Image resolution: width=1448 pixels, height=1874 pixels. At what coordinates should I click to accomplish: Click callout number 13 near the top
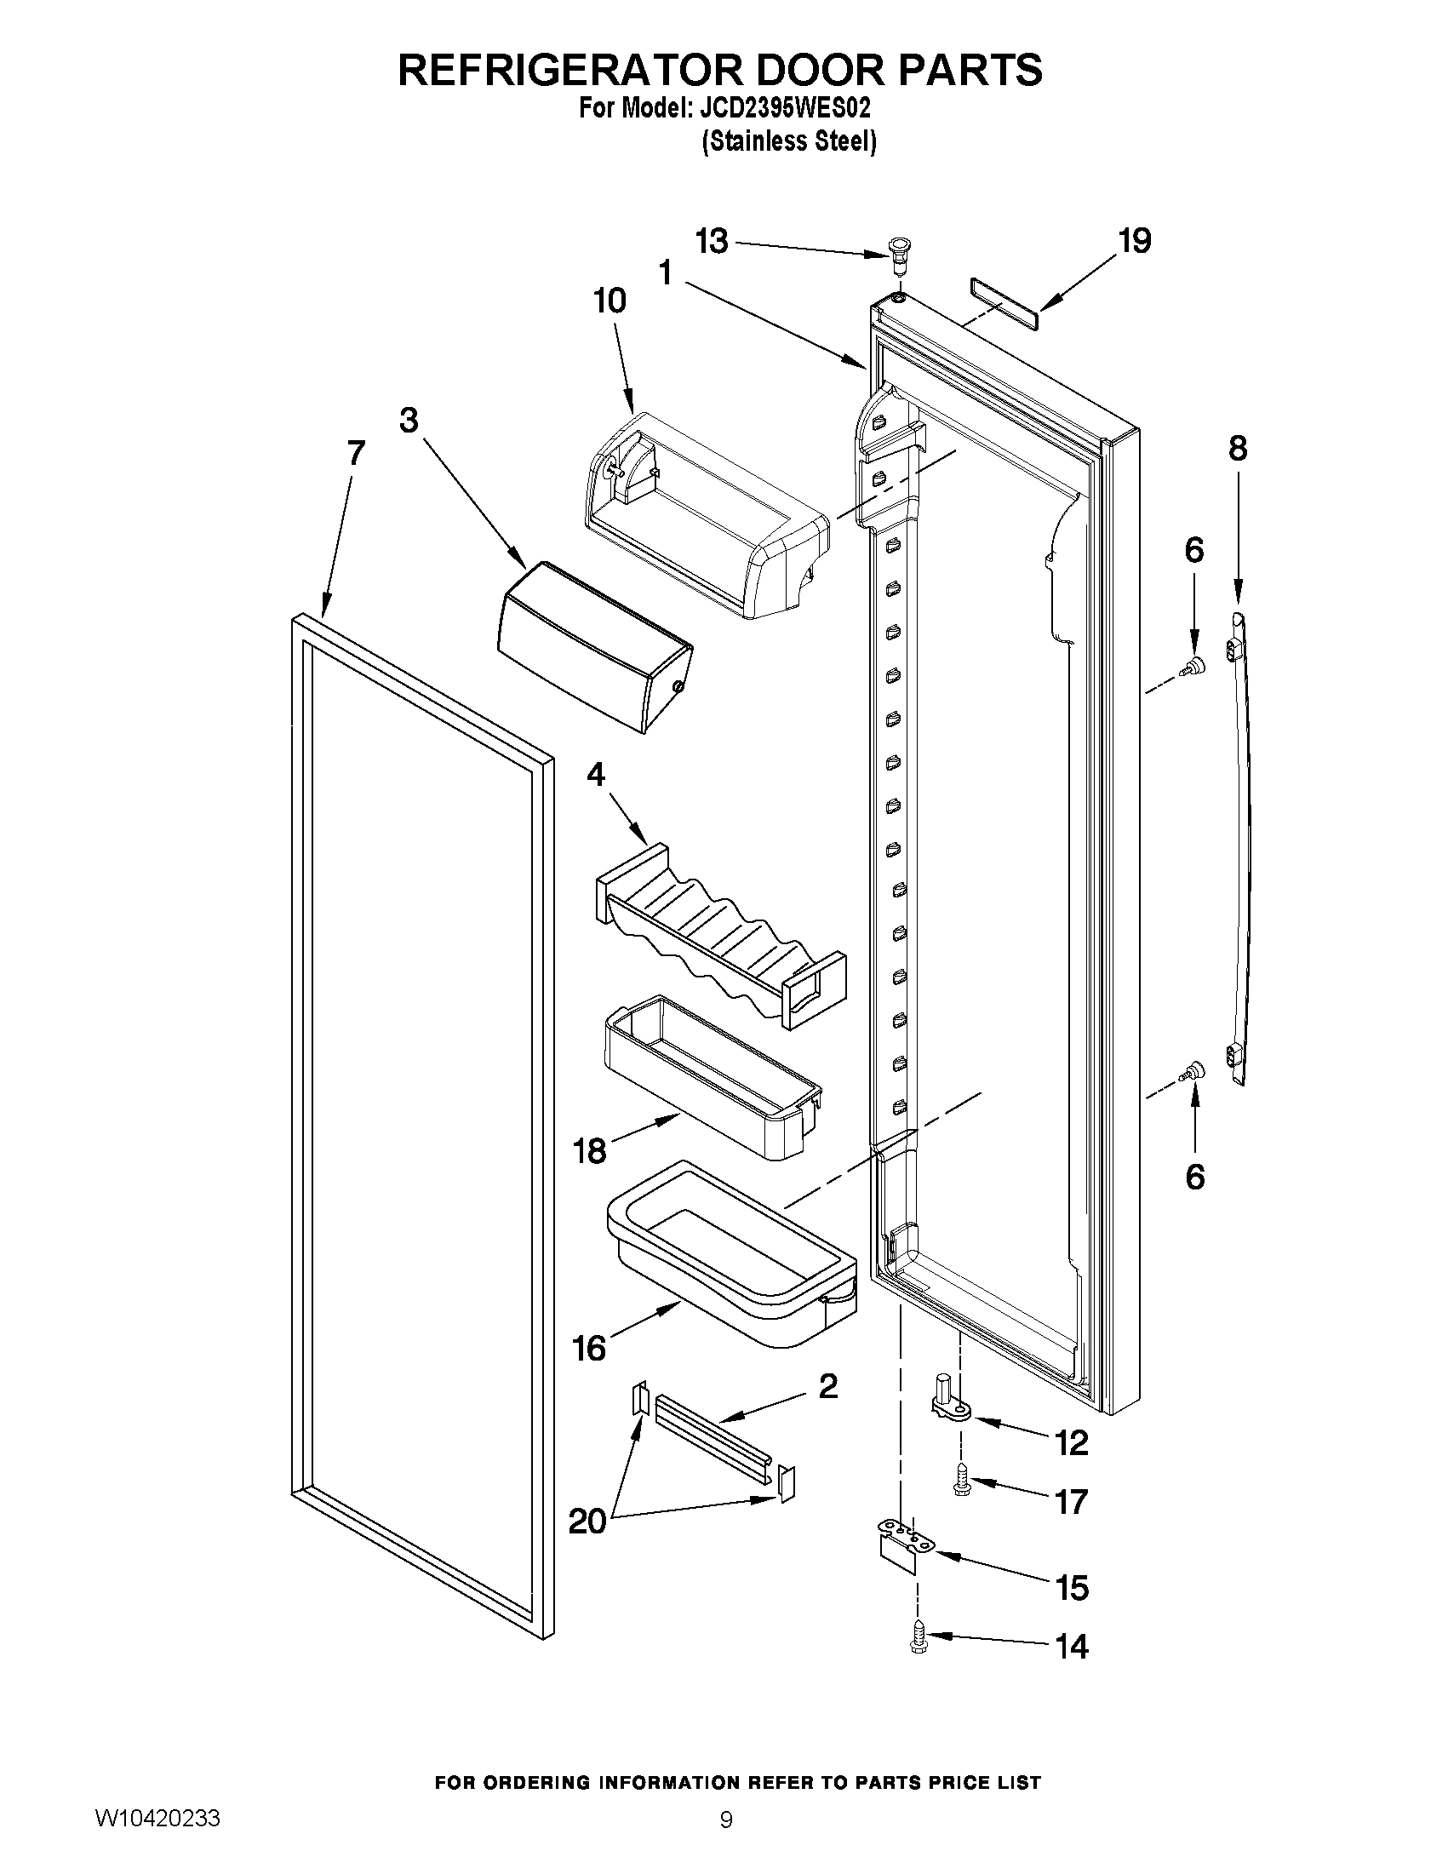pyautogui.click(x=711, y=242)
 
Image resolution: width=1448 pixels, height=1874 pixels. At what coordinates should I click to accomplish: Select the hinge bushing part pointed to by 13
pyautogui.click(x=898, y=253)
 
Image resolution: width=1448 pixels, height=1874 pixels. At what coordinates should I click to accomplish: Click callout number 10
pyautogui.click(x=609, y=301)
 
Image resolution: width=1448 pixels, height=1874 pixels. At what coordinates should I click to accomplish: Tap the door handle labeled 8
pyautogui.click(x=1238, y=850)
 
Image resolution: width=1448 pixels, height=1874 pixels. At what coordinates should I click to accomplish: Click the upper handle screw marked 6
pyautogui.click(x=1193, y=666)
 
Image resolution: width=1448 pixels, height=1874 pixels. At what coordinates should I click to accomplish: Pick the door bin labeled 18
pyautogui.click(x=712, y=1077)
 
